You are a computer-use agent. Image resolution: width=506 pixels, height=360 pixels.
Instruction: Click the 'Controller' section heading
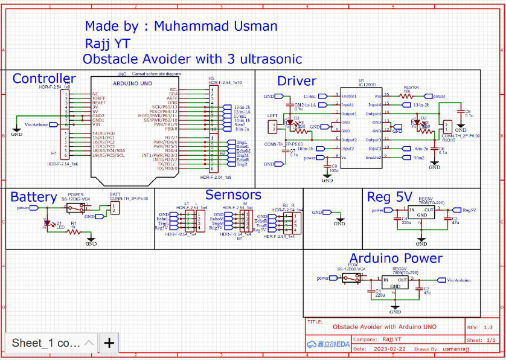[44, 79]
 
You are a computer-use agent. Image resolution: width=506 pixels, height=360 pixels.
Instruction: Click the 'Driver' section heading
[296, 81]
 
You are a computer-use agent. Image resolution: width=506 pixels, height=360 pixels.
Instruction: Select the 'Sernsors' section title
[233, 194]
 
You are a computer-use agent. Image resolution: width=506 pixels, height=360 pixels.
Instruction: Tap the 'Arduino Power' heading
[396, 258]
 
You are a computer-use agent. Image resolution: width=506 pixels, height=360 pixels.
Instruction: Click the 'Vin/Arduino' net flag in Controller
[36, 124]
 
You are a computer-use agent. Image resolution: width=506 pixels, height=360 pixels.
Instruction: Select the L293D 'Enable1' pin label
[349, 96]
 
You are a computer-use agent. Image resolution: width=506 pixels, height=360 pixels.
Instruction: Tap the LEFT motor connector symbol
[274, 126]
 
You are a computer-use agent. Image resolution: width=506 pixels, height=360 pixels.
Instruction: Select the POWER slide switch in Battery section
[75, 208]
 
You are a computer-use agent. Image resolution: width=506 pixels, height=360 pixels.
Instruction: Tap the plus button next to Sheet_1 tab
[109, 343]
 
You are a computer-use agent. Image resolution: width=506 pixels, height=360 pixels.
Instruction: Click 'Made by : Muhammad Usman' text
[181, 26]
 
